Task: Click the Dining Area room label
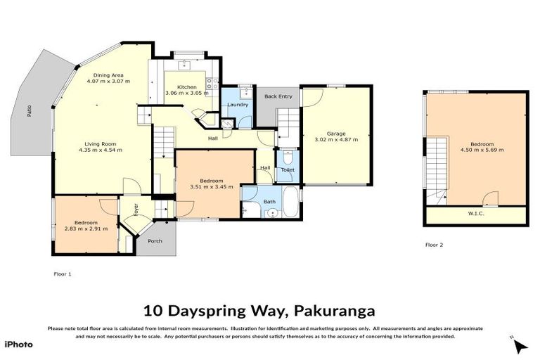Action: pyautogui.click(x=109, y=75)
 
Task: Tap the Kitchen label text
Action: pyautogui.click(x=186, y=87)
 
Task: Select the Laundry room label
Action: pyautogui.click(x=238, y=105)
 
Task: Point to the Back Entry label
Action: pyautogui.click(x=278, y=96)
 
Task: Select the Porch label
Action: pyautogui.click(x=155, y=241)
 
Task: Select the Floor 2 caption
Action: pyautogui.click(x=434, y=245)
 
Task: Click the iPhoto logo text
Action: pyautogui.click(x=18, y=344)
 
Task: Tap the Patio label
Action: pyautogui.click(x=30, y=110)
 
